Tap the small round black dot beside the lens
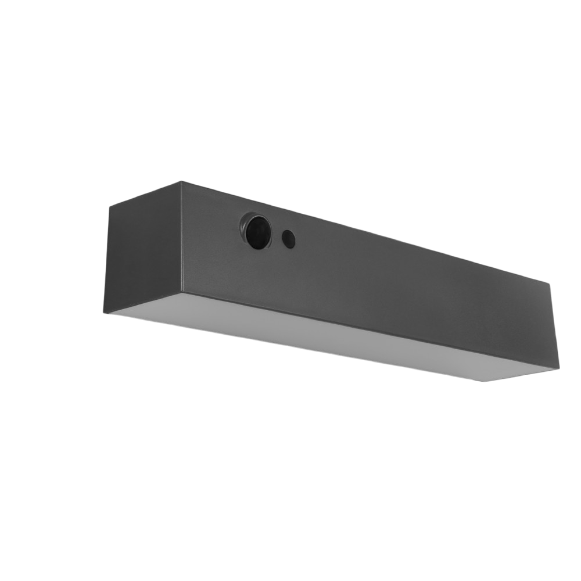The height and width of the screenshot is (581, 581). pos(289,239)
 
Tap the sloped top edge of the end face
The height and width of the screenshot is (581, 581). pos(145,193)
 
